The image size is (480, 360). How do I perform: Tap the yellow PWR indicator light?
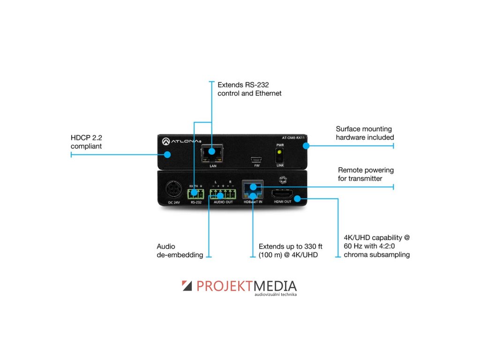[x=279, y=152]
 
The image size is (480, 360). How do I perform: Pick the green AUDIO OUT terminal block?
[x=223, y=193]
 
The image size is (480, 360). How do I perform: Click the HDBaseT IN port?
[x=253, y=190]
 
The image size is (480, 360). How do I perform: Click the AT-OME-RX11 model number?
[x=294, y=138]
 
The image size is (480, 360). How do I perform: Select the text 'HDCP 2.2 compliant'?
[x=87, y=142]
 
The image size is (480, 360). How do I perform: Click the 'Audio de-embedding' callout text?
[x=180, y=251]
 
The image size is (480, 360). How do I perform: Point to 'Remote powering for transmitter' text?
[x=366, y=174]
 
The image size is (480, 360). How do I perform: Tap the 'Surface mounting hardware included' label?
[x=365, y=133]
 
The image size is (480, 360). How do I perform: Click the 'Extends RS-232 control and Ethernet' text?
[x=249, y=89]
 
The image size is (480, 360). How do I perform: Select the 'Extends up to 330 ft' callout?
[x=291, y=251]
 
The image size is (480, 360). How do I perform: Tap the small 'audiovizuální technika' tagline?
[x=276, y=295]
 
